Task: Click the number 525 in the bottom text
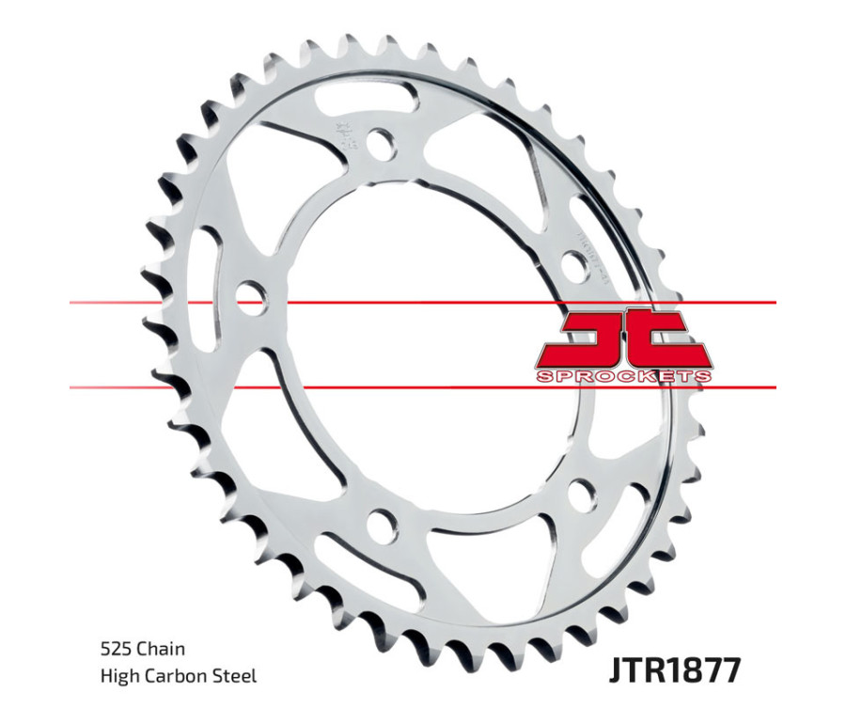pyautogui.click(x=115, y=649)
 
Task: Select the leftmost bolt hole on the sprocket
pyautogui.click(x=250, y=297)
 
